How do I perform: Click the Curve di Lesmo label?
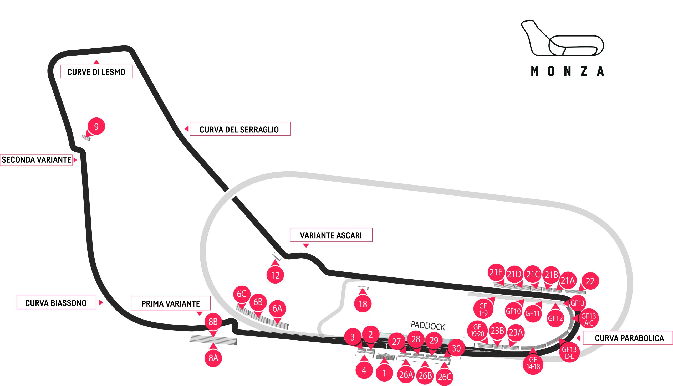coord(96,71)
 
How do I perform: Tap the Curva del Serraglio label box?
coord(240,129)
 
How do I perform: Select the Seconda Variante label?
coord(36,160)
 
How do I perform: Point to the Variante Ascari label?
coord(331,235)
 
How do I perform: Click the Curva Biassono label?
coord(56,302)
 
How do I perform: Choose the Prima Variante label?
coord(171,303)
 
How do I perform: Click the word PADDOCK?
coord(428,326)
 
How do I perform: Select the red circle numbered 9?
coord(96,126)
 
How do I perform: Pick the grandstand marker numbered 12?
coord(275,275)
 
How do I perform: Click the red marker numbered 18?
coord(363,304)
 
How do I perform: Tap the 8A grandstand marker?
coord(213,358)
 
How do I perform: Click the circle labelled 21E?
coord(496,272)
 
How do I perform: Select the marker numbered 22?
coord(590,281)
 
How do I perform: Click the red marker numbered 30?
coord(456,348)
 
